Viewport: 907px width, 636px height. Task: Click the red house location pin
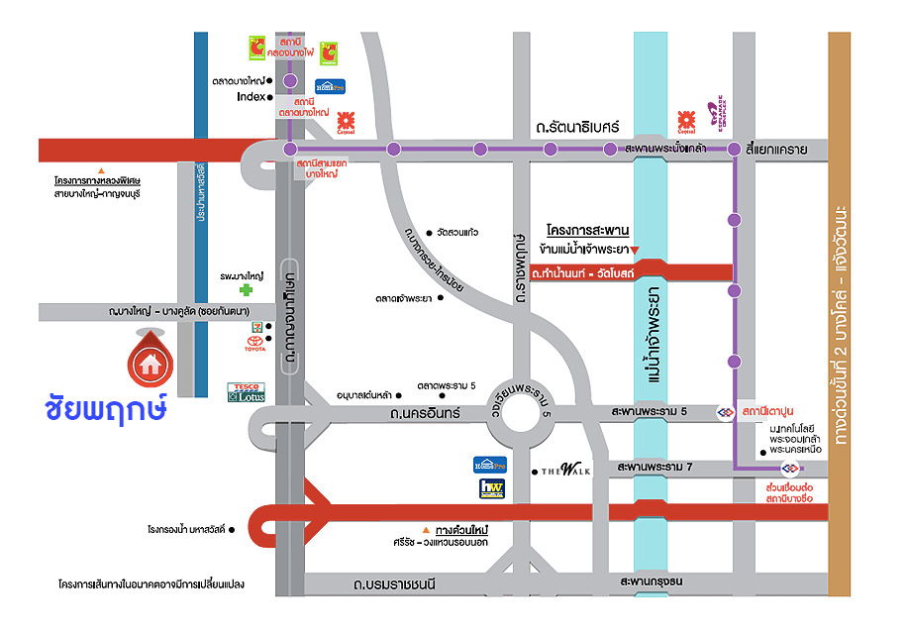150,362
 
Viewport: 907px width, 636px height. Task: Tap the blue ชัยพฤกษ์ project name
106,409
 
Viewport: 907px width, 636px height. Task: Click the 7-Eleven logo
256,323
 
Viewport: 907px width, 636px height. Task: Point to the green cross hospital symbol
245,290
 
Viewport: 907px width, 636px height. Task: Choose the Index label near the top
252,97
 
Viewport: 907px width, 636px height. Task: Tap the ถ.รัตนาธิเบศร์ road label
576,127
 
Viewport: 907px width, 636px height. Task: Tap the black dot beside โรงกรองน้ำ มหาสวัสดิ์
231,530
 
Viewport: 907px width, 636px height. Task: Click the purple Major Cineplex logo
713,119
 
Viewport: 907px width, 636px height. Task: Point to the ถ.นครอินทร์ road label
425,412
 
